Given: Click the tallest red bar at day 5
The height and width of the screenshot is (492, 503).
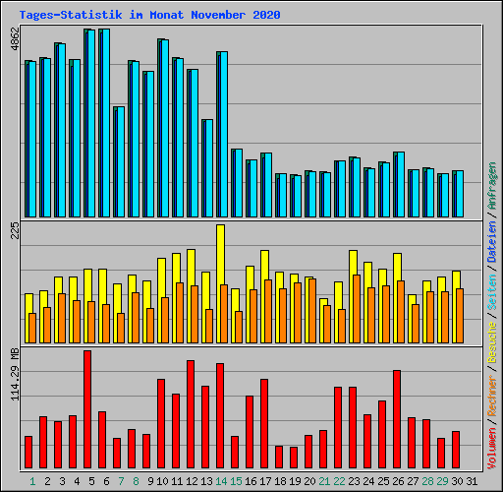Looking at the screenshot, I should [87, 409].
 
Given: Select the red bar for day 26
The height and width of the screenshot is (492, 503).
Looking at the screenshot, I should [397, 419].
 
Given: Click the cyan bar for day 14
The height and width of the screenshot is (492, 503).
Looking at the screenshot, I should [222, 134].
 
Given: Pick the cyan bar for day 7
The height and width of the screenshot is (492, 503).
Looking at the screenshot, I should [119, 161].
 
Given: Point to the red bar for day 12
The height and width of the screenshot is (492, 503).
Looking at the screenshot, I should [191, 414].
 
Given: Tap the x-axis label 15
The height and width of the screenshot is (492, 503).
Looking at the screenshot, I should [235, 481].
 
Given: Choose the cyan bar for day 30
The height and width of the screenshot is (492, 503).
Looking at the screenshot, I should [458, 193].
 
